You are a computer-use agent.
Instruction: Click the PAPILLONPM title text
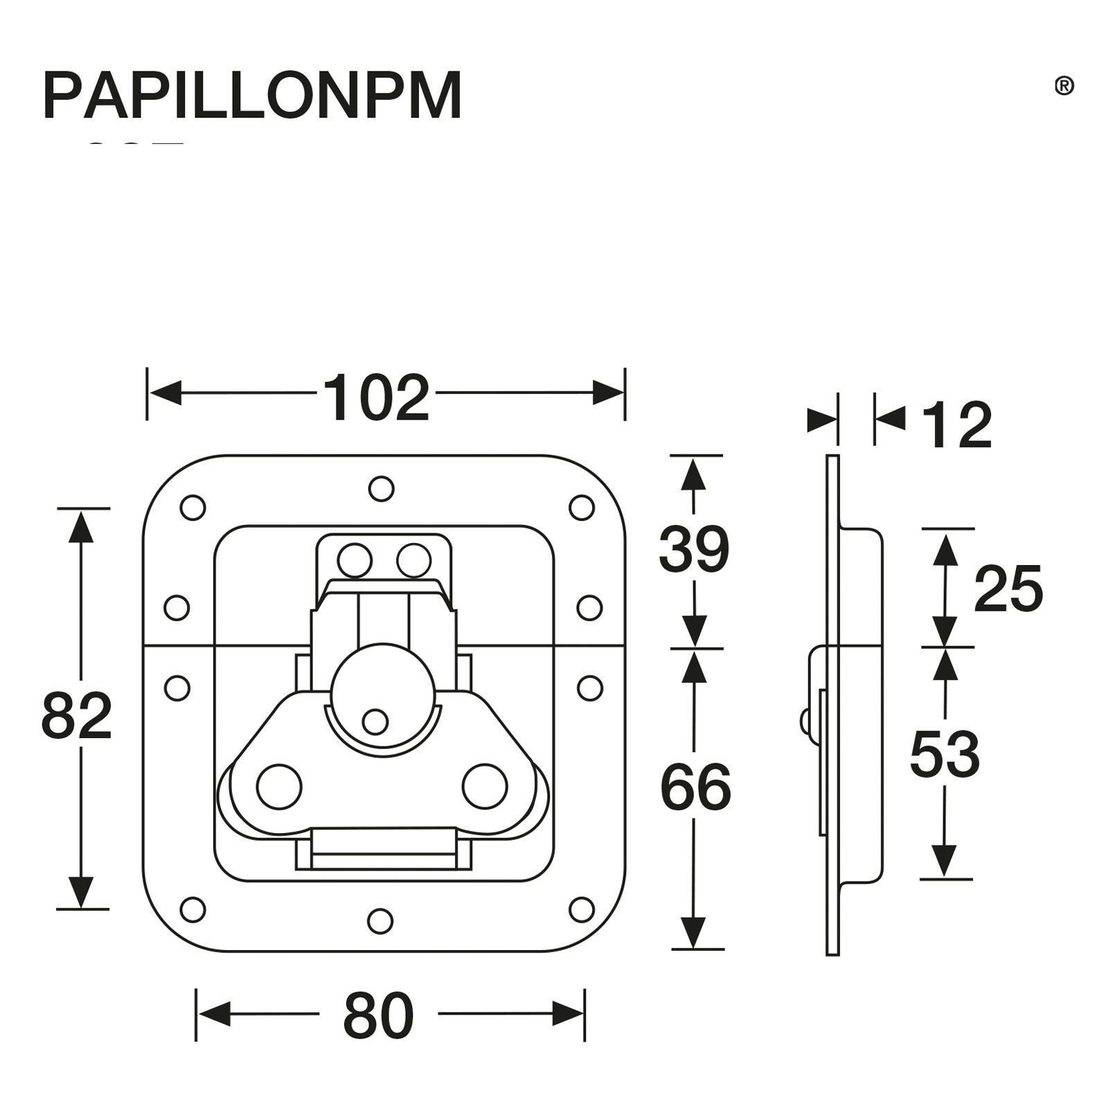point(251,96)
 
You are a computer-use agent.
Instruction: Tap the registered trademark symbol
point(1064,86)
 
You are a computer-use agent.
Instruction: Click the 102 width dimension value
point(376,398)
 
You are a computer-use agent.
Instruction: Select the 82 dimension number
point(76,716)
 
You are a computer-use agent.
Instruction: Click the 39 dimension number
point(694,550)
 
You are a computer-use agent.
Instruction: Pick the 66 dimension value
point(695,788)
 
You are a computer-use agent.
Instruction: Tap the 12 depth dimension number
point(957,426)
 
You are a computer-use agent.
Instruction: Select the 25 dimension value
point(1008,589)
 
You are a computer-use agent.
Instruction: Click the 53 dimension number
point(945,755)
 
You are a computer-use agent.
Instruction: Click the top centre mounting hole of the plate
point(381,489)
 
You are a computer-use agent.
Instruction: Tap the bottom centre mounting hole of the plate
point(380,921)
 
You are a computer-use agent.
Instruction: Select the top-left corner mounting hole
point(193,508)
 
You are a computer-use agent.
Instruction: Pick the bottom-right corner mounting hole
point(582,910)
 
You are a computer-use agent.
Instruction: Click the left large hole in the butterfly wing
point(279,787)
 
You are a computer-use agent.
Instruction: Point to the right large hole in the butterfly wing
point(485,787)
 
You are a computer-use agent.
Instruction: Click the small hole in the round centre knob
point(375,722)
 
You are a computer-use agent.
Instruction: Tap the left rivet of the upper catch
point(355,560)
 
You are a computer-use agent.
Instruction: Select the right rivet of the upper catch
point(413,560)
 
